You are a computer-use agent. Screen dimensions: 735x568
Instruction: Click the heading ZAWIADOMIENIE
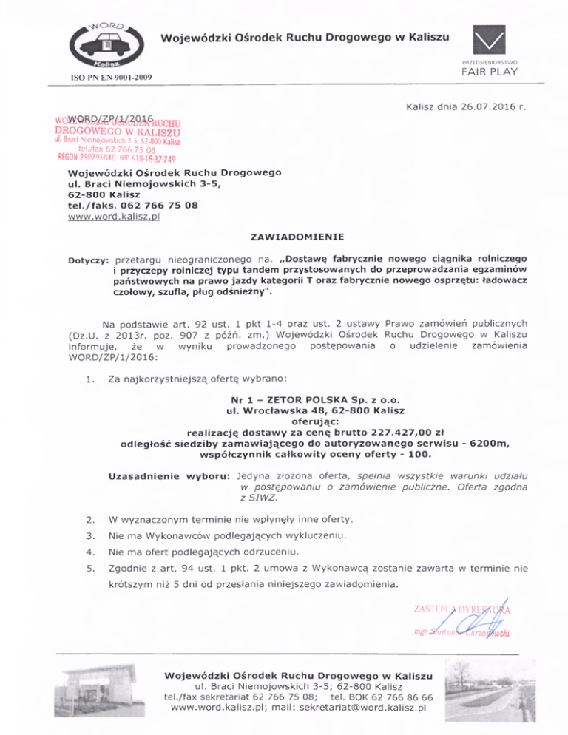coord(285,240)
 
